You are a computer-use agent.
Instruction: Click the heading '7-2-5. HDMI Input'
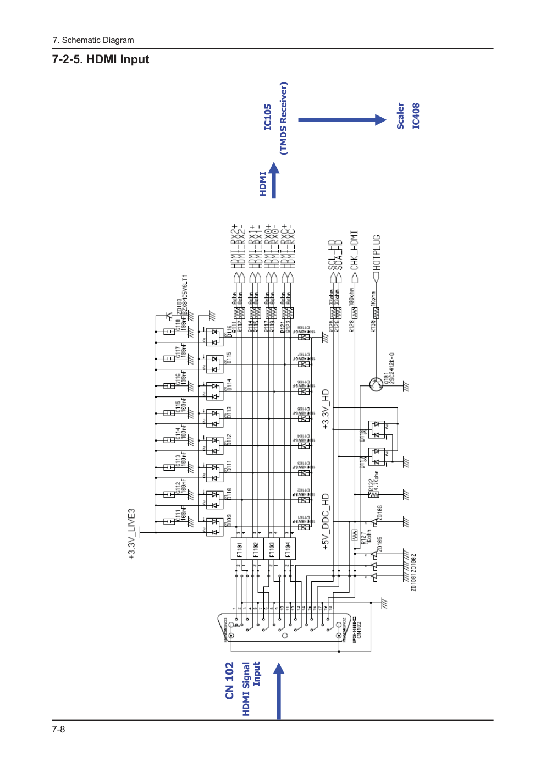point(101,59)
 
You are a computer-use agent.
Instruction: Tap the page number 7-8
point(58,729)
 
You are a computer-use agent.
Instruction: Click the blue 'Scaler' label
point(400,116)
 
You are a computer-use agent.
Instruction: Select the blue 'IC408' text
point(416,116)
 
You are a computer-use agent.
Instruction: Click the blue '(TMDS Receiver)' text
point(284,118)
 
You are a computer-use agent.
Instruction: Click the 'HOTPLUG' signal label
point(377,252)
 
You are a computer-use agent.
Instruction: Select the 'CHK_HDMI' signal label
point(355,250)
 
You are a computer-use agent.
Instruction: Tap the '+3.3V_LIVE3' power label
point(131,533)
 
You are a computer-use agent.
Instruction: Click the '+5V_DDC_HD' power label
point(326,521)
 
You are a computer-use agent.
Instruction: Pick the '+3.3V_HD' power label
point(326,409)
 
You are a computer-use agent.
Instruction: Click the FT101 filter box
point(239,549)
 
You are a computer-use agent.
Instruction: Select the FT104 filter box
point(288,549)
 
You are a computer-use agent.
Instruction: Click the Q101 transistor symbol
point(377,384)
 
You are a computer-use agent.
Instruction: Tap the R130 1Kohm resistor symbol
point(377,313)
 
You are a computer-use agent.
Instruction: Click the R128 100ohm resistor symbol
point(355,313)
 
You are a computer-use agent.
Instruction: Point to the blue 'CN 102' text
point(230,681)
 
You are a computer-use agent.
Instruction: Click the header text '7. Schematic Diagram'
point(93,40)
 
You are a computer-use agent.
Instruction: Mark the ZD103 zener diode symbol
point(169,317)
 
